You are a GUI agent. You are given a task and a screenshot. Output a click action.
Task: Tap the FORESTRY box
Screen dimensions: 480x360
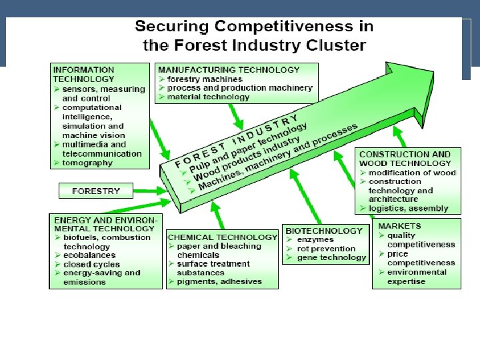[x=96, y=191]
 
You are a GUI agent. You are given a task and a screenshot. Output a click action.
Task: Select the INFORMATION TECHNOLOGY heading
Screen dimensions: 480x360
[x=83, y=73]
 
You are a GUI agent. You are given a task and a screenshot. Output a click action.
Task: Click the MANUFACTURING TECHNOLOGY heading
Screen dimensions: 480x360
[x=229, y=69]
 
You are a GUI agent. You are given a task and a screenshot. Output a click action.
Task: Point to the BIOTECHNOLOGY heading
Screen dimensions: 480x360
[x=324, y=231]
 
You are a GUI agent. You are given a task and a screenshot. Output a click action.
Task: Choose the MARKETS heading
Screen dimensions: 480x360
[x=400, y=227]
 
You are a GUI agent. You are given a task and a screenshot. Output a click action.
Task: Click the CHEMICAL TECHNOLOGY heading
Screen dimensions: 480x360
[x=223, y=237]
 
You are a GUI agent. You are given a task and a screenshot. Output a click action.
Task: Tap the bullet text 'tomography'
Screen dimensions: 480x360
[x=87, y=163]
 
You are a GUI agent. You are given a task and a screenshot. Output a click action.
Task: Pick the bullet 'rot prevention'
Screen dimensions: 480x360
[x=326, y=249]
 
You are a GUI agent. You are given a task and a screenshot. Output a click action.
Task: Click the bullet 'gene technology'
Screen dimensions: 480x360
[x=331, y=258]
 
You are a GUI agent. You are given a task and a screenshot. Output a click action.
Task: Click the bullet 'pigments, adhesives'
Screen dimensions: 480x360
[x=218, y=282]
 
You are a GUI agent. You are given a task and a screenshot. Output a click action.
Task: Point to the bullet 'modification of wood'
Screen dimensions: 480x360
[x=412, y=172]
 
